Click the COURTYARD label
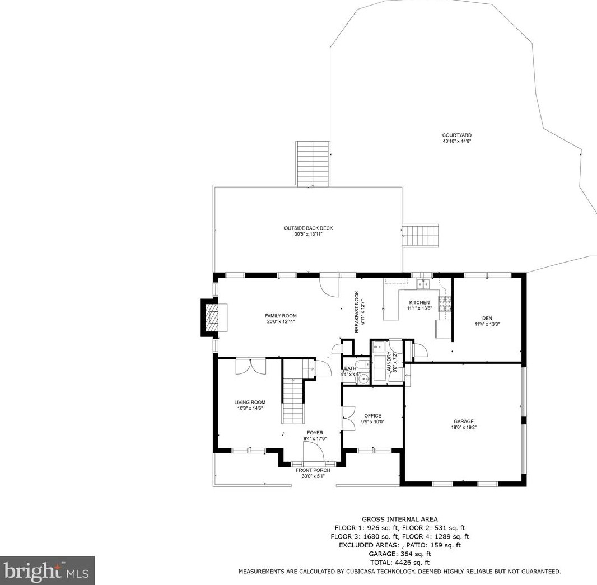456,138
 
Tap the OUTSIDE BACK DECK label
308,231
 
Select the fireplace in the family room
211,317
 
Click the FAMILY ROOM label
281,319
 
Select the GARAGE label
463,424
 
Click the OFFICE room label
372,418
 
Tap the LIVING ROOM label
249,405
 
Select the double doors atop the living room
250,367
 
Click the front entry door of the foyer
313,451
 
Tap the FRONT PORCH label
313,473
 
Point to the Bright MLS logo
48,570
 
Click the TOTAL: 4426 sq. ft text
399,562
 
